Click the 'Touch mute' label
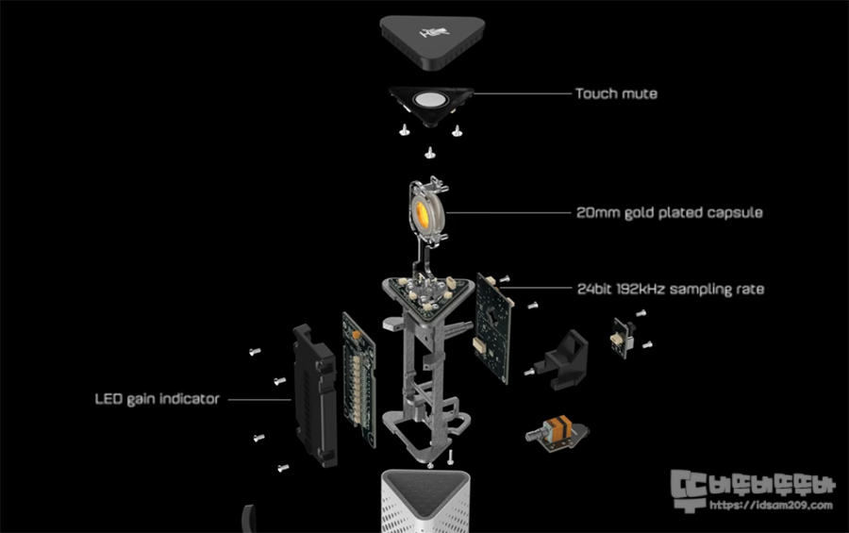point(616,93)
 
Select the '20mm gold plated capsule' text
point(669,212)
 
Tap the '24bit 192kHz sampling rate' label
point(670,289)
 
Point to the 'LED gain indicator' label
point(157,399)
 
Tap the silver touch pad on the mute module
point(432,101)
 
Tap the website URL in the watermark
point(770,506)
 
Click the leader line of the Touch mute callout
point(519,93)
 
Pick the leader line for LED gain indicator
point(257,399)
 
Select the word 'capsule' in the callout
point(731,212)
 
